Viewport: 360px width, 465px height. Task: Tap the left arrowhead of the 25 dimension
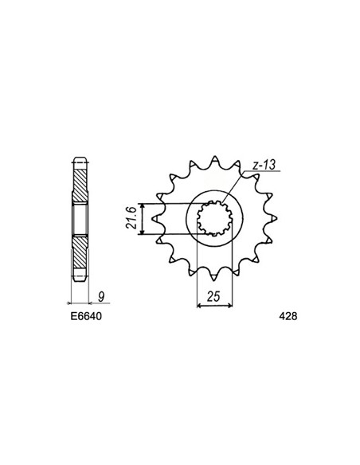coord(198,304)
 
